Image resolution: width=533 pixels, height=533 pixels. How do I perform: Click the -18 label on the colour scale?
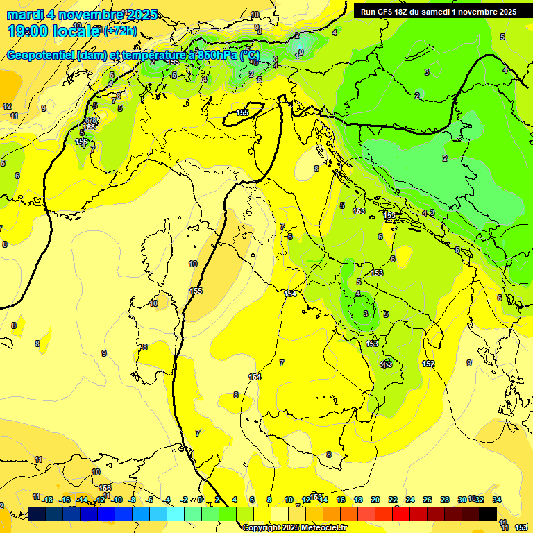pos(47,500)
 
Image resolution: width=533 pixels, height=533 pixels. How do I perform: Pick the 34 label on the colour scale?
pos(497,500)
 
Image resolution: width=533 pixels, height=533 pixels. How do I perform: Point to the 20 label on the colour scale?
pos(375,500)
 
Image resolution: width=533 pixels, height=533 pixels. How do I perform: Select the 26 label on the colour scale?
pos(428,500)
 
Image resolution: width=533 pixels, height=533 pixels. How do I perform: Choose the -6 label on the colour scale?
pos(149,500)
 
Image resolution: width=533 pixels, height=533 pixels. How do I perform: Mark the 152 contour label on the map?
pos(428,364)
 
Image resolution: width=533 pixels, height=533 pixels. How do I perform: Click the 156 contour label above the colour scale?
pos(105,489)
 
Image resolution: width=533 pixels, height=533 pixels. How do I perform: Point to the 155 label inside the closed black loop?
pos(242,112)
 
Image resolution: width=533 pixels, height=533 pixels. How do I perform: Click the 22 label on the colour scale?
pos(393,500)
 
